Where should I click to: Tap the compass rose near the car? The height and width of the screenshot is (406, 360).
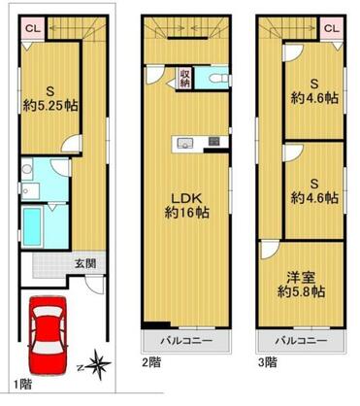coord(98,366)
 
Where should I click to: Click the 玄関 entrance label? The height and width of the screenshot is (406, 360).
coord(84,263)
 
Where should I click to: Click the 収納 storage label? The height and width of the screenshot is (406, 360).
coord(184,78)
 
